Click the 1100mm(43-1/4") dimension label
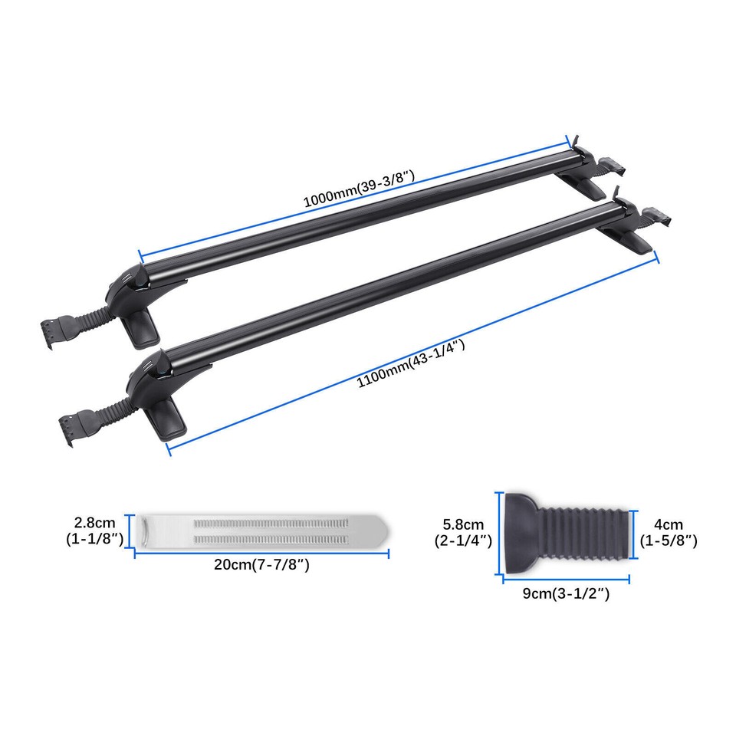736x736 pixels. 412,366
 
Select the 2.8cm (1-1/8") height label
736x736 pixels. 94,531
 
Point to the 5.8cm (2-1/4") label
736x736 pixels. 463,532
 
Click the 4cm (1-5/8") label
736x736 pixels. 668,533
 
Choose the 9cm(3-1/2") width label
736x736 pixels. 566,593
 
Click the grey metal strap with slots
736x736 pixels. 261,529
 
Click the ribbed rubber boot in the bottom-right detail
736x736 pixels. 586,531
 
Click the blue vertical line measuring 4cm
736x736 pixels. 636,531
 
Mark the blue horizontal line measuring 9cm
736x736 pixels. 565,579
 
